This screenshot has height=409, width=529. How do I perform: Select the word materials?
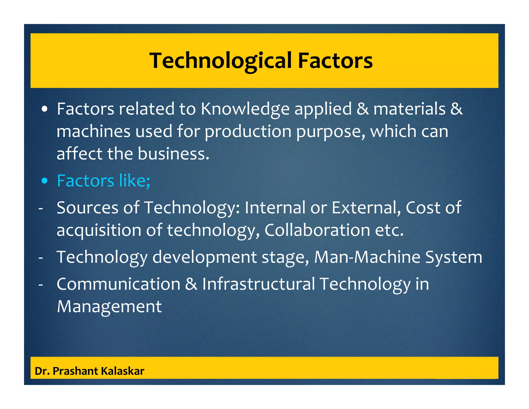point(409,109)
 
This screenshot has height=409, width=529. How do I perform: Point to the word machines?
point(93,131)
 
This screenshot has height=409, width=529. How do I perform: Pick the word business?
point(173,154)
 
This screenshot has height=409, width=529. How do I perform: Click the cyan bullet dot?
point(45,181)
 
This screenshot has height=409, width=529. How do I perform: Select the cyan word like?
point(134,180)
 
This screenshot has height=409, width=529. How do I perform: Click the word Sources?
point(87,208)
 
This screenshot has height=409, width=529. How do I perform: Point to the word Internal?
point(275,208)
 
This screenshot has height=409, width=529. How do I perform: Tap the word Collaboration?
point(317,230)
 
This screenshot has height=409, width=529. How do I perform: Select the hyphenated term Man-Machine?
point(367,257)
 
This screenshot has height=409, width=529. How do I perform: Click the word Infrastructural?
point(258,284)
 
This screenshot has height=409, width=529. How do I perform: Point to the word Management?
point(109,307)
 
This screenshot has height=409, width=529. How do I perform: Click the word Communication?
point(118,284)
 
